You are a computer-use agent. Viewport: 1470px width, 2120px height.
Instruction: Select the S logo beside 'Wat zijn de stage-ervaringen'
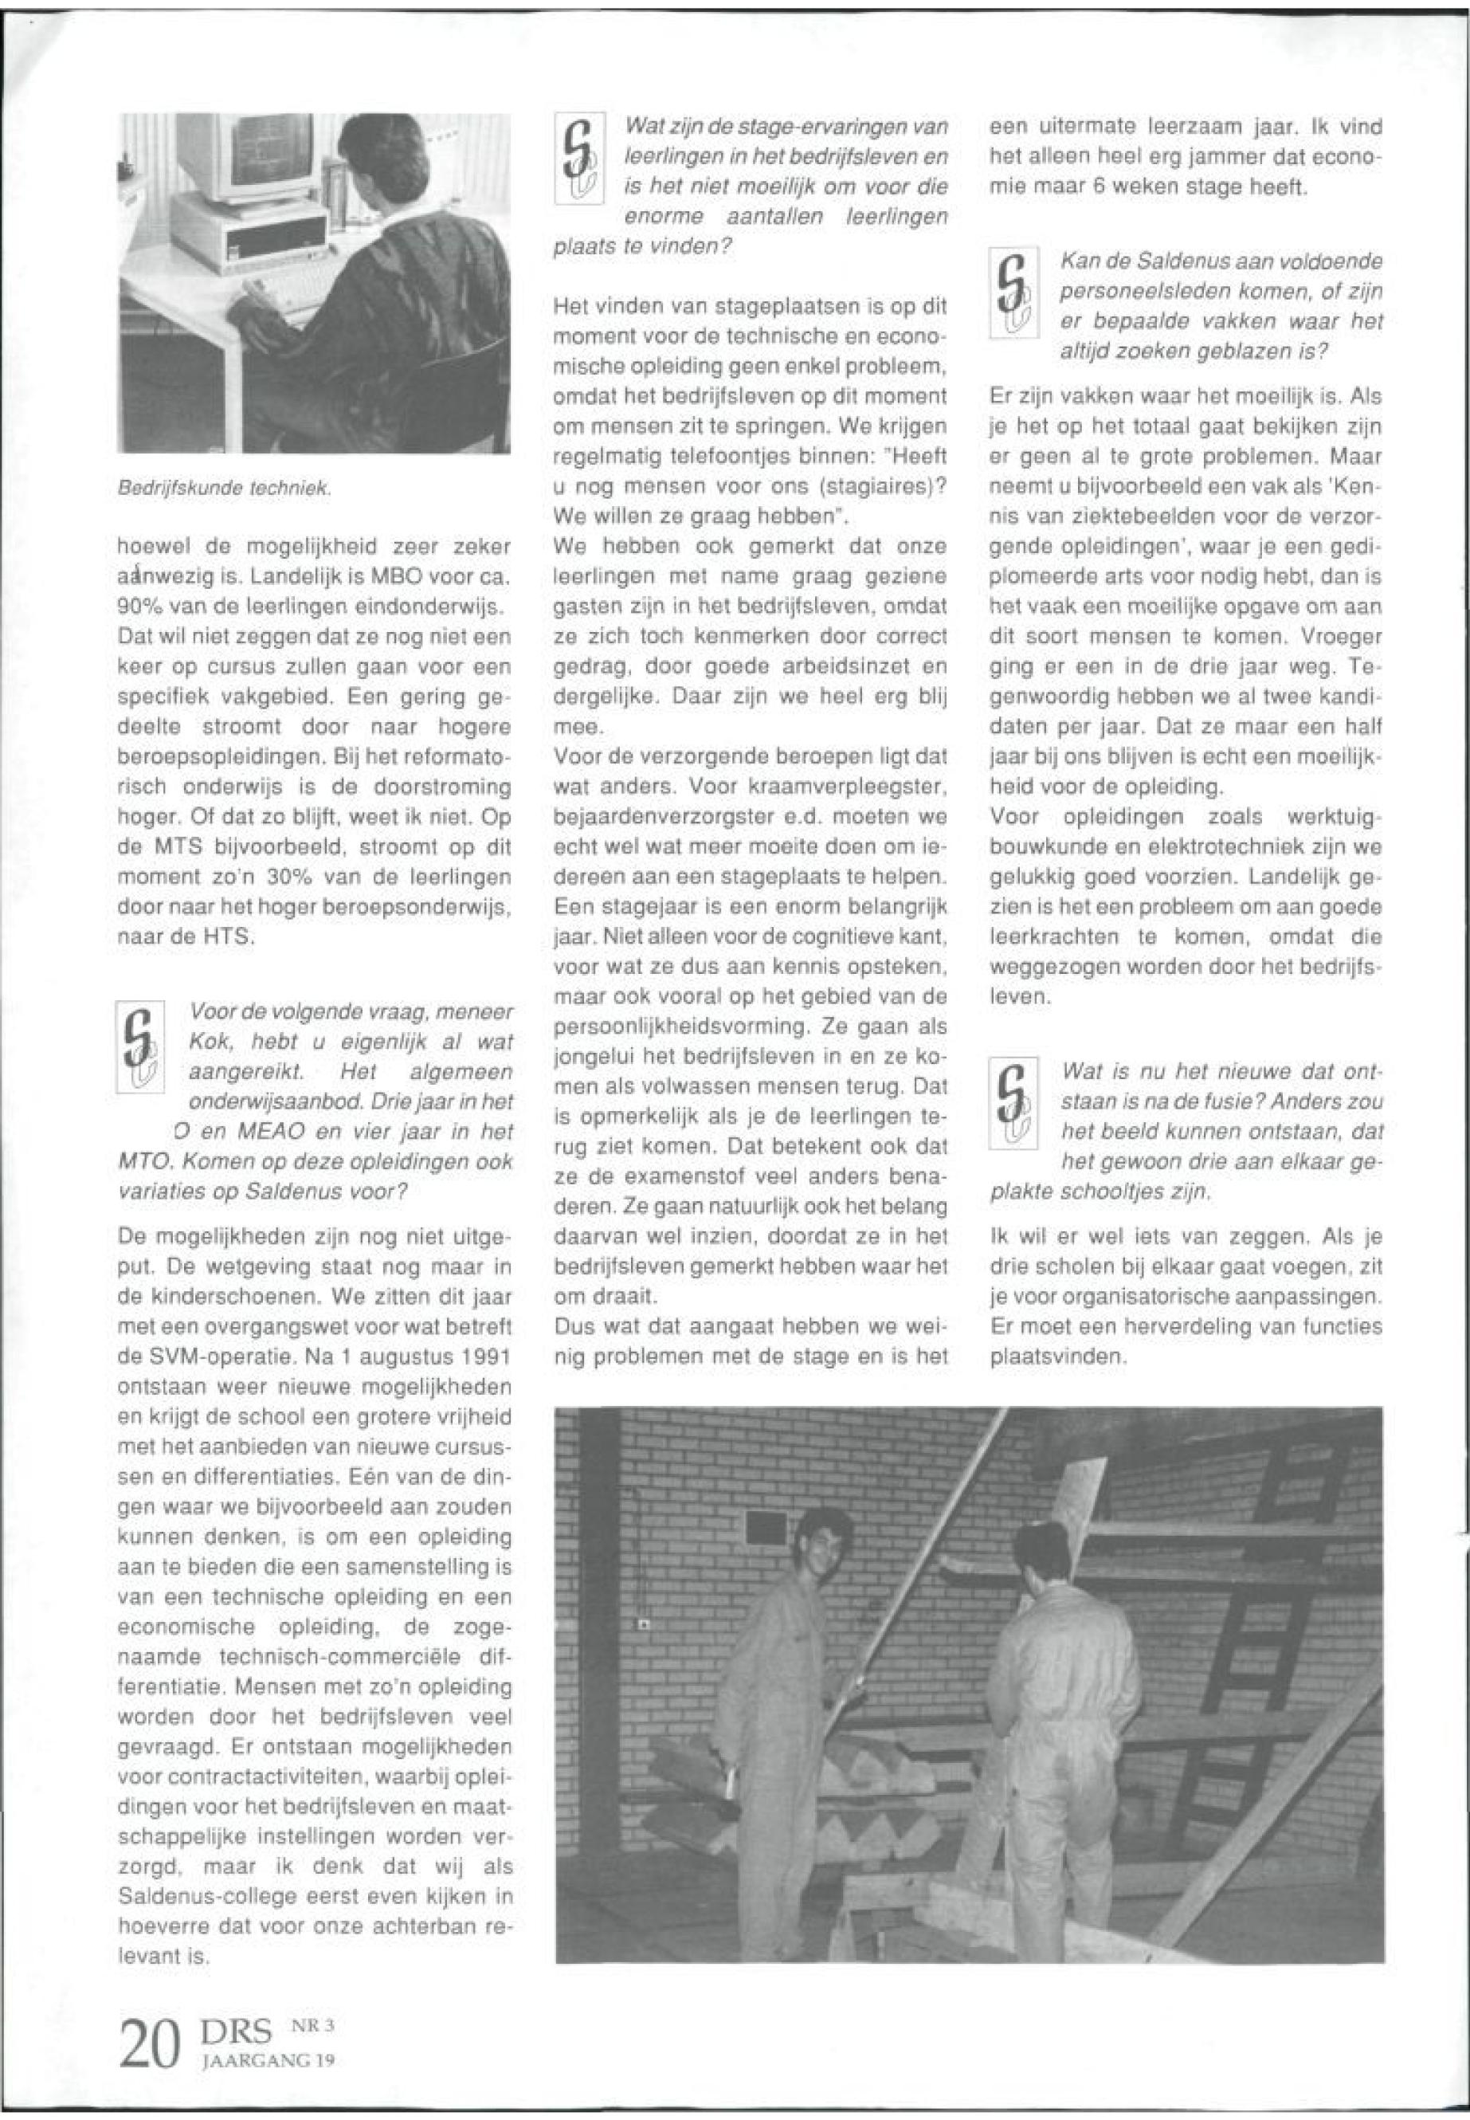(577, 159)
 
